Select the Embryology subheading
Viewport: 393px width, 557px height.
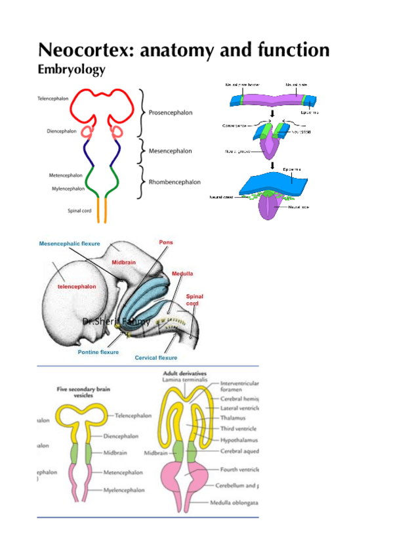coord(72,69)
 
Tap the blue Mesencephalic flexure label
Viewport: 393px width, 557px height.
coord(70,244)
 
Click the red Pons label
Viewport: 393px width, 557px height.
coord(166,242)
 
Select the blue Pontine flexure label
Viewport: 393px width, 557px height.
coord(98,352)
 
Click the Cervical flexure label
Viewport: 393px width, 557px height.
coord(156,358)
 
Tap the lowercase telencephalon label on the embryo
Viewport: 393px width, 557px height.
coord(77,287)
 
